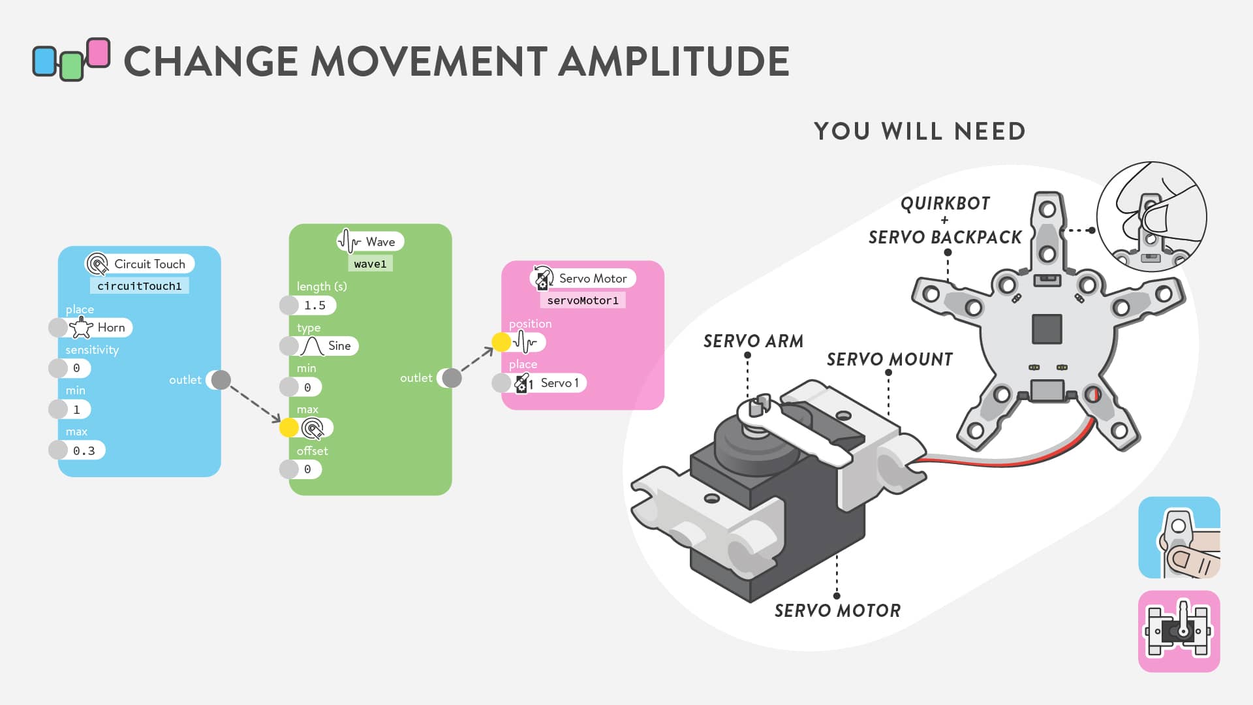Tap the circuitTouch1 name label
tap(139, 286)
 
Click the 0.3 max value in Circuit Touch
tap(83, 450)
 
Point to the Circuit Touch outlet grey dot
tap(221, 380)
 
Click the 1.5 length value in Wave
tap(315, 305)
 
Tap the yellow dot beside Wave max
tap(289, 428)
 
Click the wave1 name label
tap(370, 264)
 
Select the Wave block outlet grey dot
tap(452, 378)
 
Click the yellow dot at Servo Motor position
tap(501, 341)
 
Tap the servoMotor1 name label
tap(583, 300)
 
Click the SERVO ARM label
tap(753, 341)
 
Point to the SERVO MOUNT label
tap(889, 360)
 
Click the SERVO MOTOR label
tap(837, 611)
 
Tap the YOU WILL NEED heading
tap(920, 131)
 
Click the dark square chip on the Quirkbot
tap(1047, 328)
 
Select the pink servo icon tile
tap(1179, 631)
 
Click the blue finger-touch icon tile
tap(1179, 537)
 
